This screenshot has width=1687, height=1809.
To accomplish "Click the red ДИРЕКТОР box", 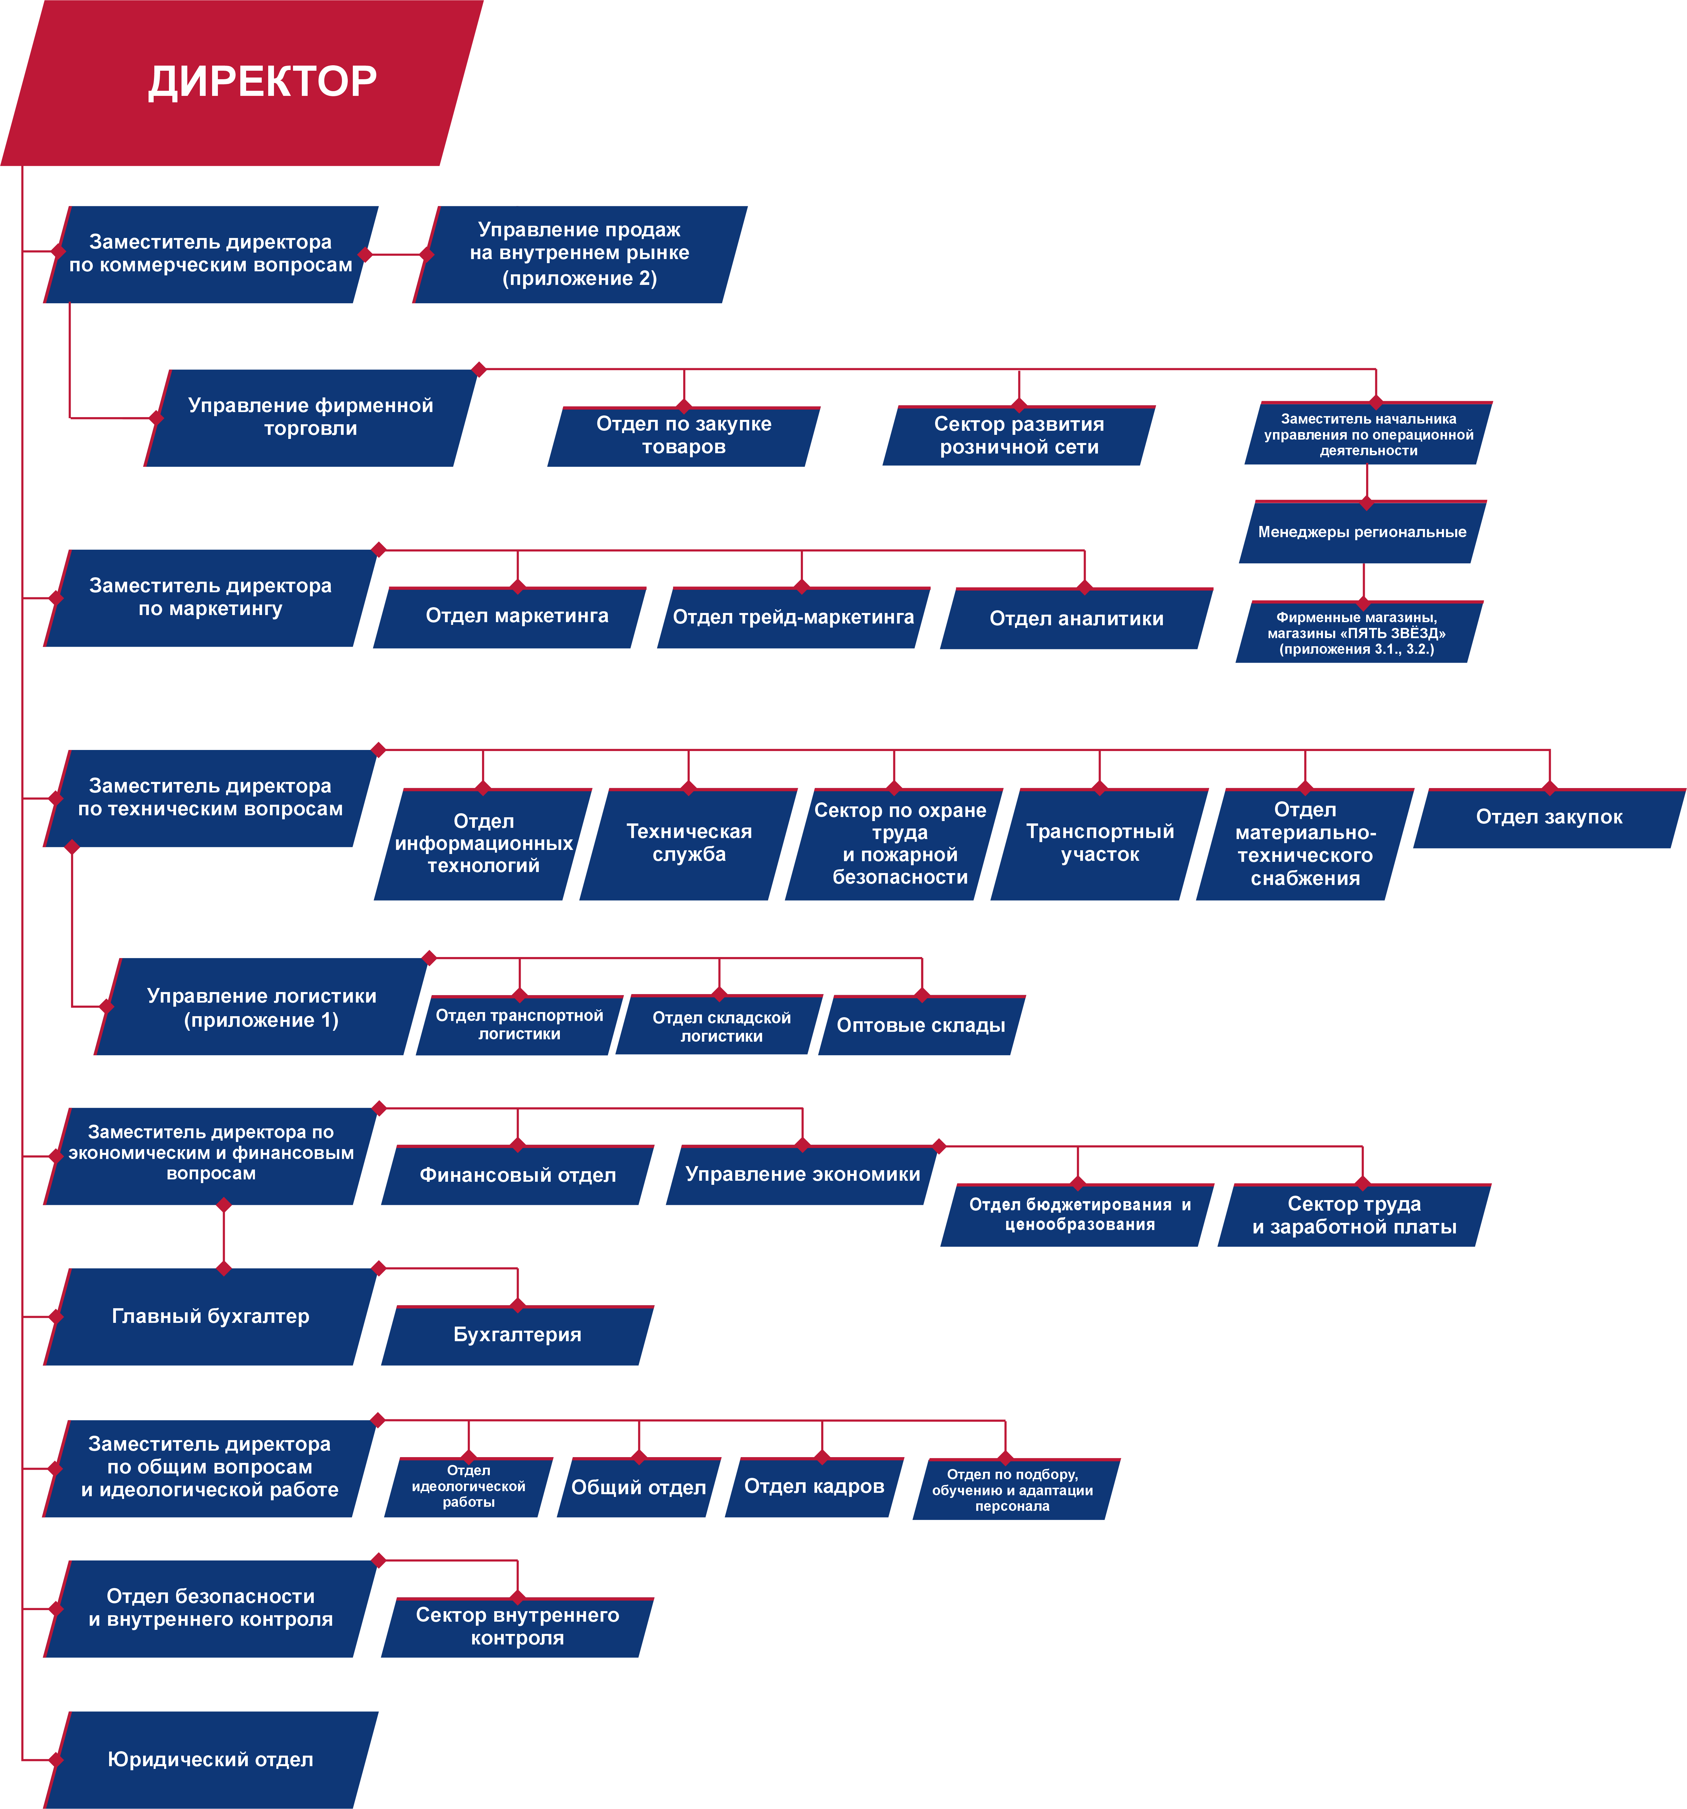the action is point(242,83).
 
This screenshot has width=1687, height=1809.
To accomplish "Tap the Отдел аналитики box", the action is point(1077,619).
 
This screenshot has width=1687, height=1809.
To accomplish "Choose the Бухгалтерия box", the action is point(518,1335).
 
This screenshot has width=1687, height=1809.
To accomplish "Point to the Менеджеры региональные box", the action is point(1362,532).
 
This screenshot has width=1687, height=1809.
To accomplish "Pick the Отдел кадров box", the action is point(814,1487).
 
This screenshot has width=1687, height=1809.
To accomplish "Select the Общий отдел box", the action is point(639,1487).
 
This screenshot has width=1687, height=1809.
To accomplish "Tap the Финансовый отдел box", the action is point(518,1175).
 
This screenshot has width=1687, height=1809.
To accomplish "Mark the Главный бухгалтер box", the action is point(210,1317).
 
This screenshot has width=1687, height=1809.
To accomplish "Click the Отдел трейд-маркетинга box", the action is point(793,618).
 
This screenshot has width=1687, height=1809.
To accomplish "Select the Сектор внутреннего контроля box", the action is point(518,1627).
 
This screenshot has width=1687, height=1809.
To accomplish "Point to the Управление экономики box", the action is point(803,1175).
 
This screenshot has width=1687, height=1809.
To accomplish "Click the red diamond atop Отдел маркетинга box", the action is point(518,587).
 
